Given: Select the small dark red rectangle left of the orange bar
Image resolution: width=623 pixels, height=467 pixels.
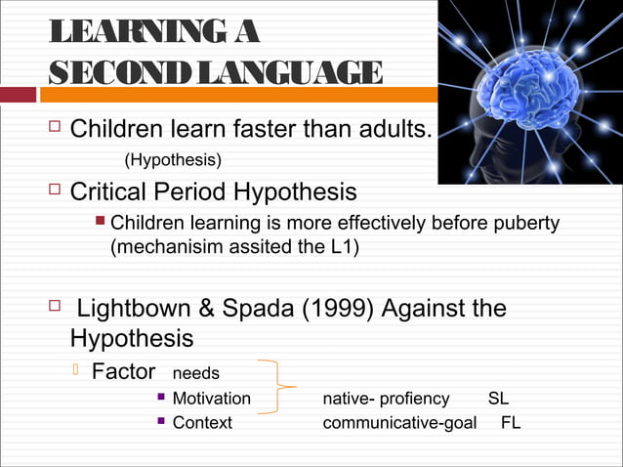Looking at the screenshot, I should pyautogui.click(x=18, y=95).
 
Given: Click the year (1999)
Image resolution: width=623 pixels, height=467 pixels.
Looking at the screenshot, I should pyautogui.click(x=336, y=310).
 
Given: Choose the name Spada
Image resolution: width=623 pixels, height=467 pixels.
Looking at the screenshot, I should pyautogui.click(x=257, y=310).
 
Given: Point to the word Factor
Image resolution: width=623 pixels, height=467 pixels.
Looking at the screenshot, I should pyautogui.click(x=123, y=372).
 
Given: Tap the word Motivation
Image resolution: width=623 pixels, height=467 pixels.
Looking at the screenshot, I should pyautogui.click(x=211, y=399).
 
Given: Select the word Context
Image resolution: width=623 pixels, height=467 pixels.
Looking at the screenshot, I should pyautogui.click(x=202, y=423).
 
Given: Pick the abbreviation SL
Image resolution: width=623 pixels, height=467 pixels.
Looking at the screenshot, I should pyautogui.click(x=498, y=399).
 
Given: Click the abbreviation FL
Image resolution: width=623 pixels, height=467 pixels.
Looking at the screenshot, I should pyautogui.click(x=510, y=423).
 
